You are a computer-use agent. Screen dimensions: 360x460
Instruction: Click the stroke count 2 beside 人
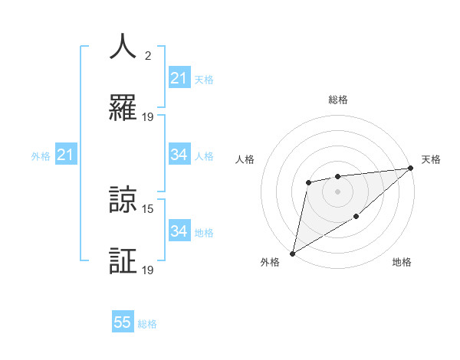coord(148,56)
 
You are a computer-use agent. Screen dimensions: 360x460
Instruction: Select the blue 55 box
coord(123,322)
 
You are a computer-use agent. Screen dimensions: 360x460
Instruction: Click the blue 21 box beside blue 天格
coord(179,78)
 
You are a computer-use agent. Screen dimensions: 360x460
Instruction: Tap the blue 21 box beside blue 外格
coord(65,155)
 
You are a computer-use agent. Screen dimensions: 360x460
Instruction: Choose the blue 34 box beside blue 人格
coord(179,155)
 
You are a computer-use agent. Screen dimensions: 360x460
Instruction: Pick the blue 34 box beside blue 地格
coord(179,231)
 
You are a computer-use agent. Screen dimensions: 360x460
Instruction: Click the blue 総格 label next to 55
coord(147,324)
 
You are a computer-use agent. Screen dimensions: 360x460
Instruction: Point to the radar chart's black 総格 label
coord(337,100)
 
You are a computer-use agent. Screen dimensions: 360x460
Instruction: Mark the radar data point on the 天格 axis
coord(412,168)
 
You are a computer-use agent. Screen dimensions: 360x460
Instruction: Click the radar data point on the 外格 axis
coord(292,254)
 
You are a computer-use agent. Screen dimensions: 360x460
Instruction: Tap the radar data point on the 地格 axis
coord(356,218)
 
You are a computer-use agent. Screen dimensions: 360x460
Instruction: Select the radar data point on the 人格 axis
coord(308,182)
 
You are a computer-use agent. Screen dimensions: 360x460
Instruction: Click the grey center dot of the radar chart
coord(337,191)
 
